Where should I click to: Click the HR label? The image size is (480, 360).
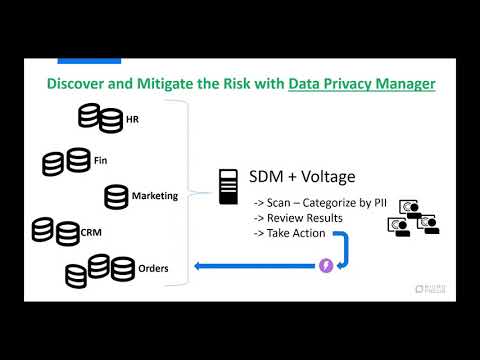click(x=132, y=121)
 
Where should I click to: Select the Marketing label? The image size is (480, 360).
click(x=154, y=196)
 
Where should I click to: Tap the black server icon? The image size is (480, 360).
click(x=227, y=182)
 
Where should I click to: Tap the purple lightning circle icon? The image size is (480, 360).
click(x=326, y=266)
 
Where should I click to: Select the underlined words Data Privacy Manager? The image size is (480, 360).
click(x=361, y=83)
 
